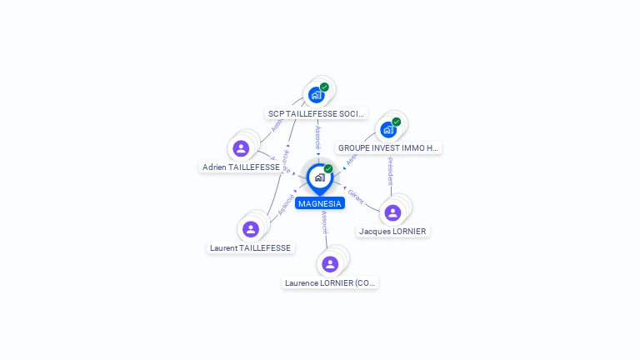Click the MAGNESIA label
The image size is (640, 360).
[x=320, y=203]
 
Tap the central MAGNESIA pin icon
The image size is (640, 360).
[x=319, y=177]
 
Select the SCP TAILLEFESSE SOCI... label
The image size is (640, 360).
[x=316, y=113]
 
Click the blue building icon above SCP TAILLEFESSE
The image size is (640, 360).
[x=316, y=94]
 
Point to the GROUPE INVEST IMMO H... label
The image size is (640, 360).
[x=387, y=148]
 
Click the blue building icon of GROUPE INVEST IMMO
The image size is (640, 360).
[x=387, y=129]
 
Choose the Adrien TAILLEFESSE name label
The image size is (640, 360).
[x=241, y=167]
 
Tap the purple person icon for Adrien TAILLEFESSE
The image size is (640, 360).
[x=241, y=148]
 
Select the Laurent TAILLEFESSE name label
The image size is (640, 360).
[x=250, y=247]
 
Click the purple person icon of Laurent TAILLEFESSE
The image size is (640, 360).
[x=251, y=229]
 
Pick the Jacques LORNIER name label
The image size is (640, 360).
[x=392, y=231]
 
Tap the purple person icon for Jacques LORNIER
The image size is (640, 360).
[x=392, y=212]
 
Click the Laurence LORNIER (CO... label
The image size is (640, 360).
[x=331, y=283]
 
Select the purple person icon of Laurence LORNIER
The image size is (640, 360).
[x=330, y=264]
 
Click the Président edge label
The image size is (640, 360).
[x=389, y=171]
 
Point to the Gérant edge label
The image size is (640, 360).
[x=356, y=196]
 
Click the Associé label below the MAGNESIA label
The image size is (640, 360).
[x=324, y=222]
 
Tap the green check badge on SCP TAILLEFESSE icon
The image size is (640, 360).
[x=324, y=87]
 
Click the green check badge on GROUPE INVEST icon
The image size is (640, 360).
[x=396, y=122]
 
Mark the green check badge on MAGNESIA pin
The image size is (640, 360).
[x=328, y=168]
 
